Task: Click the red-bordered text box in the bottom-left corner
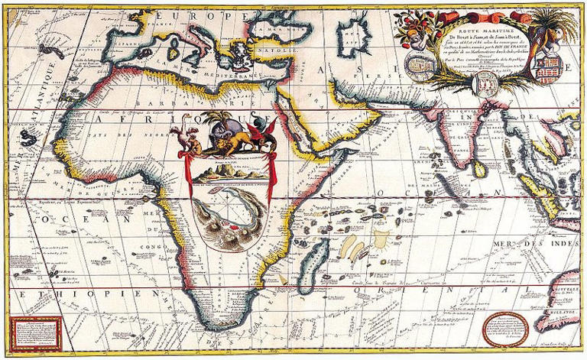coord(34,332)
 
